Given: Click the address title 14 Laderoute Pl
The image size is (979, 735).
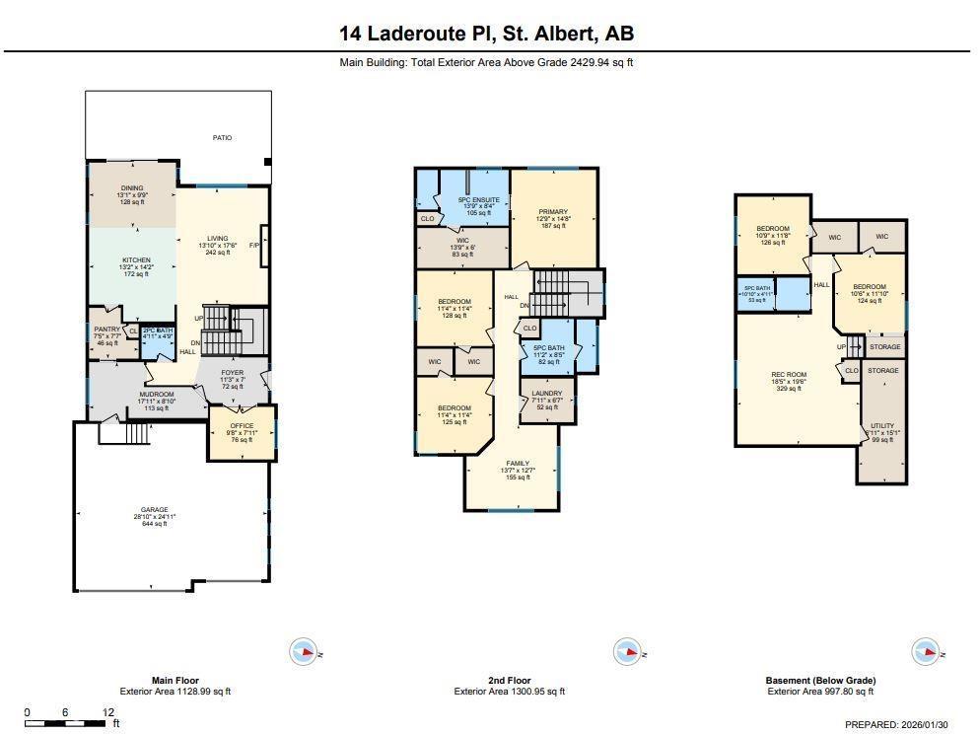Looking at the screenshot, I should [486, 34].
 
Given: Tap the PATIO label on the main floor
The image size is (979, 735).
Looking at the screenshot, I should [222, 138].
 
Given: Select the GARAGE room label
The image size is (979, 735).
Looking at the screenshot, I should [154, 510].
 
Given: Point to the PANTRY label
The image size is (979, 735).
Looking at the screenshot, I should [105, 330].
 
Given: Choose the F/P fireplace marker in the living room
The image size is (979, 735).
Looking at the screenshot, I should [254, 245].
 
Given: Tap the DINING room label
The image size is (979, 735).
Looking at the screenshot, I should [132, 187].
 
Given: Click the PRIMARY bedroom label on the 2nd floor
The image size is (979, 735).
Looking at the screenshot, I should [553, 212].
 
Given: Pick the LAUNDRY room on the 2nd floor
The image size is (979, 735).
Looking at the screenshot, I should [547, 394].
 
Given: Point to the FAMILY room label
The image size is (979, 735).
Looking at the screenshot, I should [518, 464].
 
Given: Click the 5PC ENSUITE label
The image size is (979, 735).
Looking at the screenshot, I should [479, 200].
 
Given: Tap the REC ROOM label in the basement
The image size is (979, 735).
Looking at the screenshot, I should [789, 375].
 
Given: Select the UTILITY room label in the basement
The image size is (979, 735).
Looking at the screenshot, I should [879, 426].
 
